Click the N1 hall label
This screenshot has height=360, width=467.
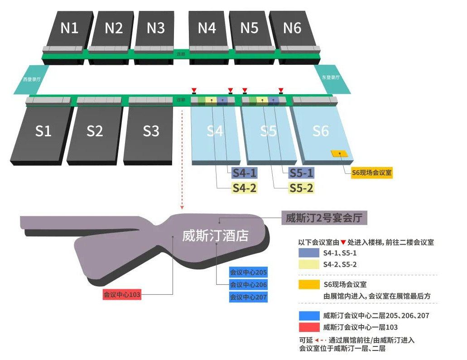point(69,28)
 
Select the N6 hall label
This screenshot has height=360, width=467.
point(292,28)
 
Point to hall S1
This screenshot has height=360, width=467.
point(43,131)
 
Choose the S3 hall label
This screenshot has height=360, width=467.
point(151,131)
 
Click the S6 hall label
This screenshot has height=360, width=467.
point(321,131)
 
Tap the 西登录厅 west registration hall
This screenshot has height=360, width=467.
point(32,79)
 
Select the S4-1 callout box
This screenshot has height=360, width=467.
point(245,173)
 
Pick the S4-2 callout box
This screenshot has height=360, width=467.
point(245,187)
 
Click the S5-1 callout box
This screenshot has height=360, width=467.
point(302,173)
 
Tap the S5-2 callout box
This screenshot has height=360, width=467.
point(302,187)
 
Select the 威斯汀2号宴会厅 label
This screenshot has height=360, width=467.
point(324,218)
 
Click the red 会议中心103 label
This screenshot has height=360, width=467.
point(122,294)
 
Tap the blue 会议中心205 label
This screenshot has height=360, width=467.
point(248,273)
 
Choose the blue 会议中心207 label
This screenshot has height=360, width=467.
point(248,298)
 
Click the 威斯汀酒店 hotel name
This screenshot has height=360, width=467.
point(215,235)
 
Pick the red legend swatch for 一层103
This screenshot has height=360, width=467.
point(308,327)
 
